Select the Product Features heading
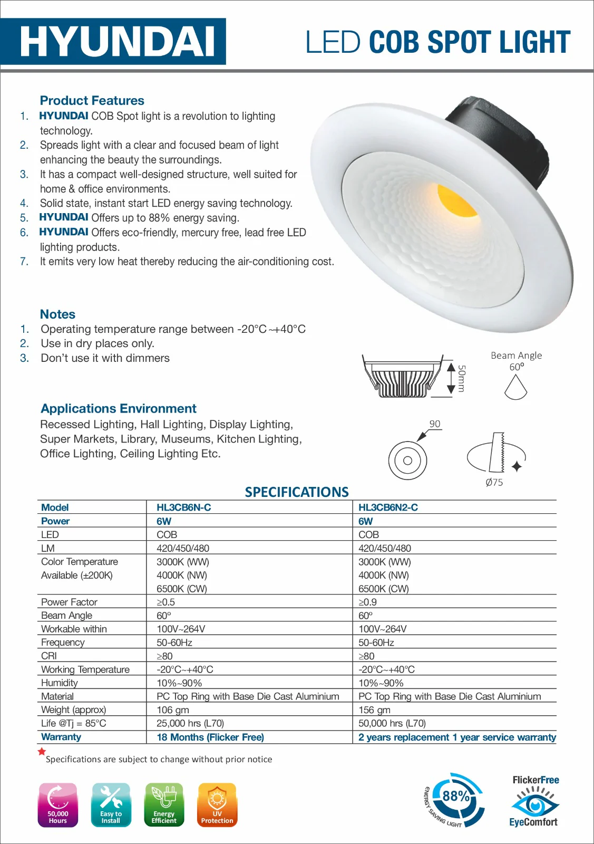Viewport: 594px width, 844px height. coord(92,100)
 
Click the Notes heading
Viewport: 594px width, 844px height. coord(57,314)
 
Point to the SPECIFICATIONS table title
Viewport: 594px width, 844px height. coord(297,492)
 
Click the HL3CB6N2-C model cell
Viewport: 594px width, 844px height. coord(388,507)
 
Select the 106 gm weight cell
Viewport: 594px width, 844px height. coord(172,709)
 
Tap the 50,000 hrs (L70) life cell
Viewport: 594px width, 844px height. coord(392,723)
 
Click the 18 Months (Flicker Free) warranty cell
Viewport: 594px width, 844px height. coord(210,737)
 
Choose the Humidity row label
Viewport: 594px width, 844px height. coord(60,683)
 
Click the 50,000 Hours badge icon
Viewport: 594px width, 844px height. coord(58,804)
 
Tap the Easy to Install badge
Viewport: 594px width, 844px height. coord(111,804)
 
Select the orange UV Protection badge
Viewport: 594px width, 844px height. coord(217,804)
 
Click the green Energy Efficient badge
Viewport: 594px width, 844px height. coord(164,804)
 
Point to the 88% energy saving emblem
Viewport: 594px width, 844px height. coord(454,799)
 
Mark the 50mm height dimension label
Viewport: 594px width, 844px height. coord(461,378)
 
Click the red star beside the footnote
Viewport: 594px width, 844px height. coord(42,752)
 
